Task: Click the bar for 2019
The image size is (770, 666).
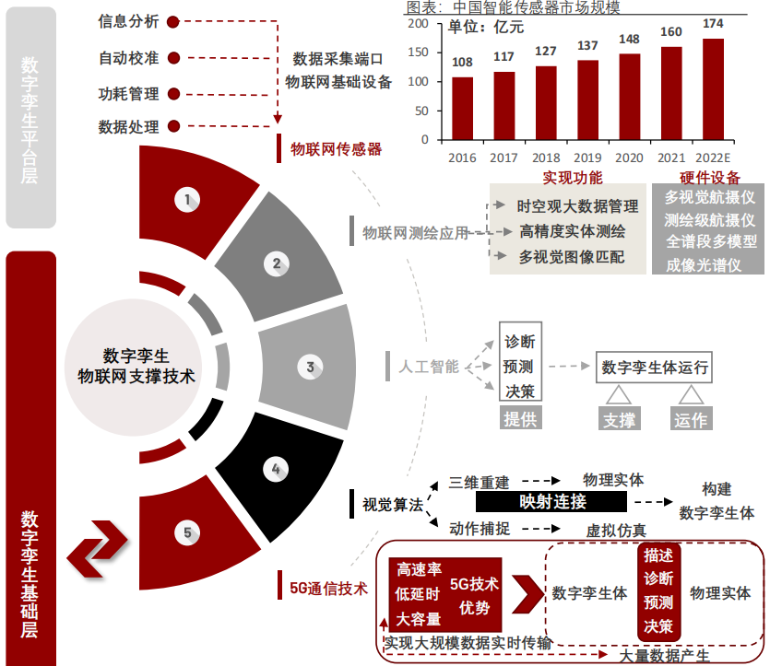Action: point(587,100)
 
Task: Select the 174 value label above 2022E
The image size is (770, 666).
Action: point(712,23)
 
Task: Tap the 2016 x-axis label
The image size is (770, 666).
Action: point(462,158)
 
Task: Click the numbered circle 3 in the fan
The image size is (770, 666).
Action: point(310,368)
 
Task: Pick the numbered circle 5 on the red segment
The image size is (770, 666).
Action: point(187,532)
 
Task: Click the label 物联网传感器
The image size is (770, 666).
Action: point(336,148)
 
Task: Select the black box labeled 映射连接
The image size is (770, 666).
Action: point(552,502)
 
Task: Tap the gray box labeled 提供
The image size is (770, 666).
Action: point(520,419)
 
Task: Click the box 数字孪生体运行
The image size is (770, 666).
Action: point(655,368)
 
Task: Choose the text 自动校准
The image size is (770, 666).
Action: point(129,58)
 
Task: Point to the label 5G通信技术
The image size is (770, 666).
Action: point(328,588)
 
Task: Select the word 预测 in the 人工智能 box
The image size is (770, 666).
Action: point(519,366)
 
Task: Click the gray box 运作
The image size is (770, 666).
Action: point(691,420)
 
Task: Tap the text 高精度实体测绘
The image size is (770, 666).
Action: point(572,231)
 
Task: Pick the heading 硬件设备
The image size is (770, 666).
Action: point(709,178)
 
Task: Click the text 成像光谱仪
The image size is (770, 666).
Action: point(710,265)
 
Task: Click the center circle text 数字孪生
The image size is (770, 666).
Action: point(136,355)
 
